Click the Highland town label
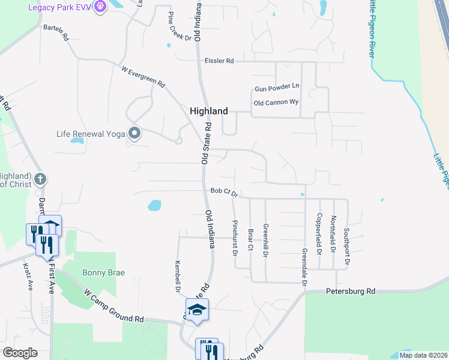tap(209, 111)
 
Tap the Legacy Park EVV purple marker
tap(100, 7)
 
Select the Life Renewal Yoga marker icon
tap(134, 133)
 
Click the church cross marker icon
tap(40, 179)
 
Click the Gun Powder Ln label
tap(276, 88)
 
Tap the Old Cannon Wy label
tap(276, 103)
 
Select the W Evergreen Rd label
tap(143, 77)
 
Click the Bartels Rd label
tap(56, 33)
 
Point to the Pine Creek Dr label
tap(179, 26)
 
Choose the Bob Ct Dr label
tap(224, 191)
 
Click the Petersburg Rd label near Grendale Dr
tap(351, 291)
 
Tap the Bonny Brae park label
tap(103, 272)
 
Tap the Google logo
tap(20, 353)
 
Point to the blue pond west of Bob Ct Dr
tap(154, 205)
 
